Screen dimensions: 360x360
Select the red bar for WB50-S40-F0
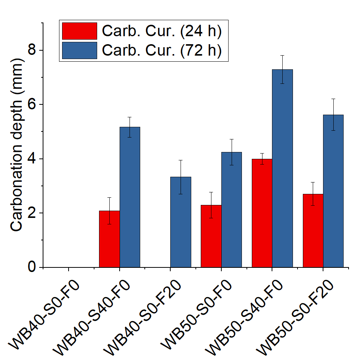[x=262, y=213]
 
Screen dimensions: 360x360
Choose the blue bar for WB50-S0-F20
[x=333, y=191]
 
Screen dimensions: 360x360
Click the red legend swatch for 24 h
[x=79, y=31]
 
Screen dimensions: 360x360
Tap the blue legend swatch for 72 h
[x=79, y=50]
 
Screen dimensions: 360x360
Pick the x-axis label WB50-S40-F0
[x=250, y=314]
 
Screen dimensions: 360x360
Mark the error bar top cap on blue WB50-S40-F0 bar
[x=282, y=56]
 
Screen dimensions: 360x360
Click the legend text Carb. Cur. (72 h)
[x=162, y=50]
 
